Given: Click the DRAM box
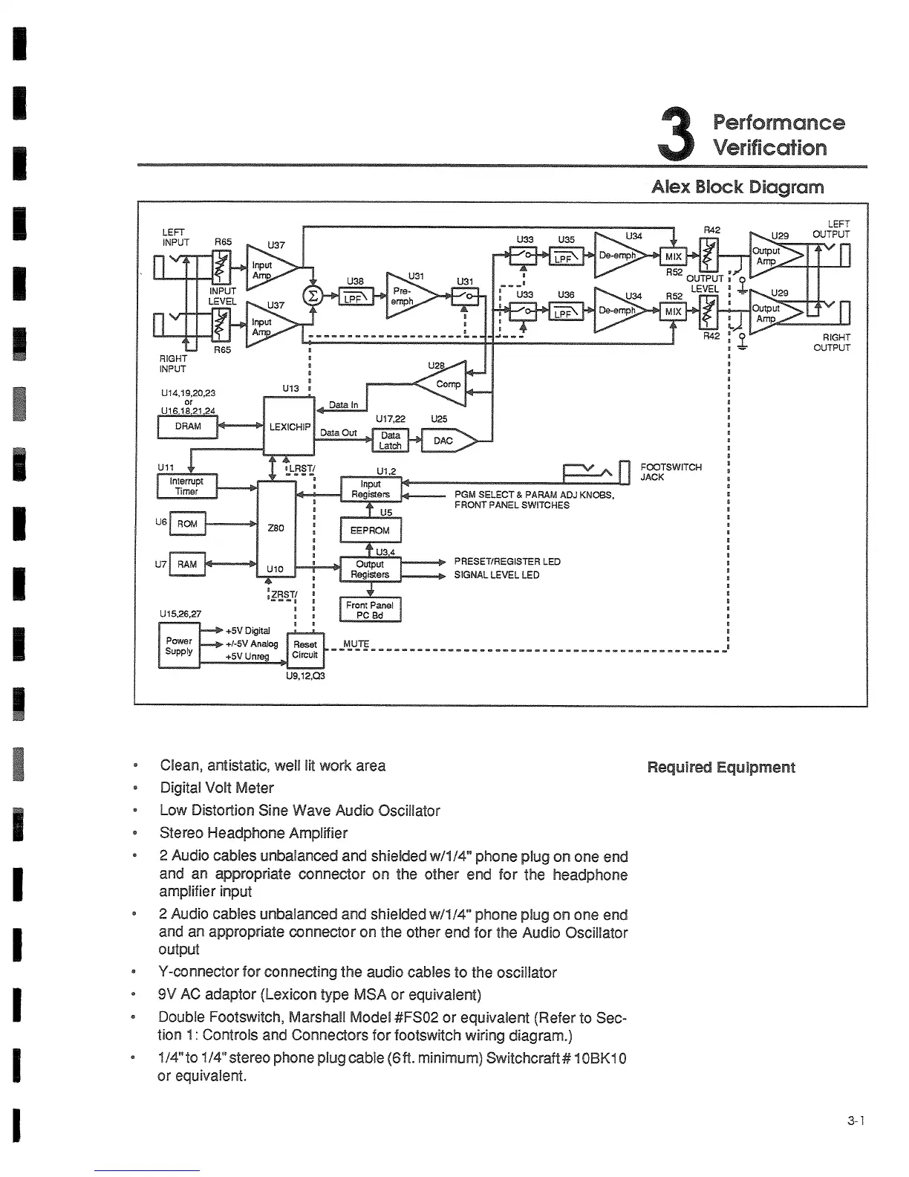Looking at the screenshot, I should click(188, 427).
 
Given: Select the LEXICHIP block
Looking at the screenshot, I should click(289, 427).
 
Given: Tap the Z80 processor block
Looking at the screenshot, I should click(276, 528).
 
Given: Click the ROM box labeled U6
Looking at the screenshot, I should click(187, 524).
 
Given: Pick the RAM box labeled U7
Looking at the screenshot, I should click(187, 565).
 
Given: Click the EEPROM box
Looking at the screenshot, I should click(370, 531).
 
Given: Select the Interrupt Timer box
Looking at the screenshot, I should click(186, 487).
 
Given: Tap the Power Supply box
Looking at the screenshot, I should click(179, 646).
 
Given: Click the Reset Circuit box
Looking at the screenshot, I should click(305, 649).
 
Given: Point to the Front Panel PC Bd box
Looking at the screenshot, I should click(370, 610).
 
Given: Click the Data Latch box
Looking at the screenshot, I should click(390, 441).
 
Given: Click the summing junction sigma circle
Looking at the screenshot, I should click(313, 296).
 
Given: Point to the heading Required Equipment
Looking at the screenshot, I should click(720, 768).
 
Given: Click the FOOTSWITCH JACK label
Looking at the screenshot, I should click(670, 472).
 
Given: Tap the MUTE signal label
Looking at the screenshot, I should click(356, 643).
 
